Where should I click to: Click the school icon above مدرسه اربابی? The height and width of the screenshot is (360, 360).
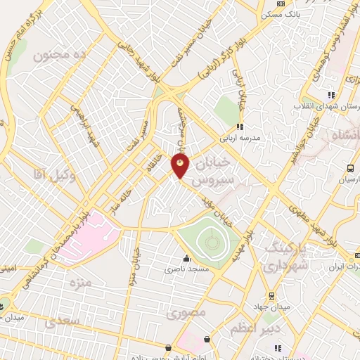click(x=240, y=127)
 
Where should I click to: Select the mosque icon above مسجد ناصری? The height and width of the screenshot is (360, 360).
click(x=186, y=258)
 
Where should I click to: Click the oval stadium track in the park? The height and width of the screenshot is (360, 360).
click(x=211, y=243)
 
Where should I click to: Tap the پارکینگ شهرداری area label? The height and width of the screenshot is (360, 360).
click(x=285, y=257)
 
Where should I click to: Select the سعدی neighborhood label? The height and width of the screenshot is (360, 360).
click(x=59, y=323)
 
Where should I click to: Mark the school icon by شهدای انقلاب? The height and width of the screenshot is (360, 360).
click(x=331, y=95)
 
